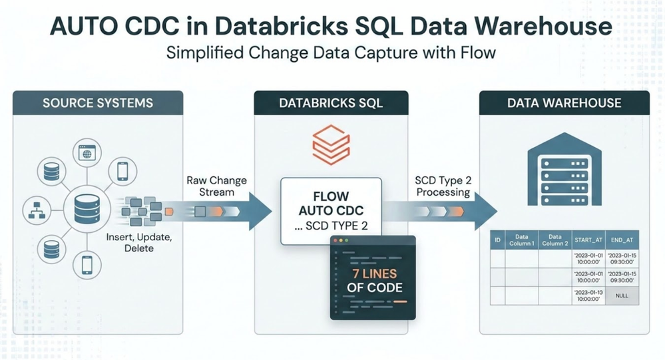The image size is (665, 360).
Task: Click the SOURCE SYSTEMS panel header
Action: pos(98,103)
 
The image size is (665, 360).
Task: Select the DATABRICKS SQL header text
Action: pos(331,103)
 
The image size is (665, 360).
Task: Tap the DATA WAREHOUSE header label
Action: pos(564,103)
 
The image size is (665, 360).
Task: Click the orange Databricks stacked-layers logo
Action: pos(332,144)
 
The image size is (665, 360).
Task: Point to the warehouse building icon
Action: pos(564,169)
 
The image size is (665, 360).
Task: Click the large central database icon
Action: pos(87,209)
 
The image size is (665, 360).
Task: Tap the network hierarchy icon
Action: pos(37,210)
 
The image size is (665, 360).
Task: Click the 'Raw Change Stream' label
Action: pos(217,186)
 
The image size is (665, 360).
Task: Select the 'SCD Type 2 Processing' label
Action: pos(443,186)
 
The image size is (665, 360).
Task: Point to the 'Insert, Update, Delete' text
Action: pos(139,242)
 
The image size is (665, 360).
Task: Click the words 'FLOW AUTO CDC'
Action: pos(331,204)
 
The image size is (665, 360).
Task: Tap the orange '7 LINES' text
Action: pos(375,273)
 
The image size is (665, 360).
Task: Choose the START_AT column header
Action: pos(588,240)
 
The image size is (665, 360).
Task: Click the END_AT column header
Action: pos(622,240)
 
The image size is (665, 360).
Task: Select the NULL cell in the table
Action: pos(622,295)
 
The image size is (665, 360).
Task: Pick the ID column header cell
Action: pos(497,240)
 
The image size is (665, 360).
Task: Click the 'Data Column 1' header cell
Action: pos(522,240)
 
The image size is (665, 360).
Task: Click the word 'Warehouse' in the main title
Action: pos(543,27)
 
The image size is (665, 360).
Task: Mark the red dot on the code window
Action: pos(335,240)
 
